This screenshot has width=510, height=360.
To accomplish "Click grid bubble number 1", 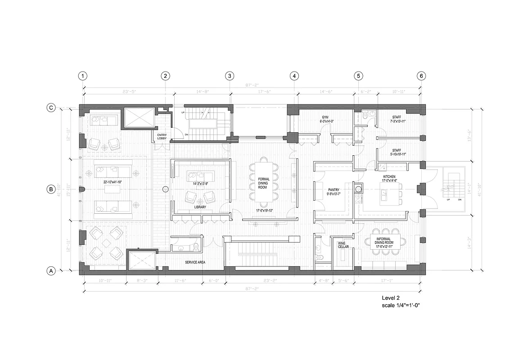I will pyautogui.click(x=82, y=76).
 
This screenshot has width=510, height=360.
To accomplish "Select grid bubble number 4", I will pyautogui.click(x=294, y=76).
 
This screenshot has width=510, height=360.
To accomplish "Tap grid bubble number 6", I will pyautogui.click(x=421, y=76).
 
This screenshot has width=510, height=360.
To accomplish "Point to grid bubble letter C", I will pyautogui.click(x=51, y=108).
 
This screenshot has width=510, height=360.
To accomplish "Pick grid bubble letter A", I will pyautogui.click(x=51, y=271).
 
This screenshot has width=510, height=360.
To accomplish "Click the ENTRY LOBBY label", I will pyautogui.click(x=162, y=137).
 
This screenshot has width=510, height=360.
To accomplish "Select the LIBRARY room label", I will pyautogui.click(x=200, y=207).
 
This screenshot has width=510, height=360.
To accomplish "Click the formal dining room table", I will pyautogui.click(x=263, y=182).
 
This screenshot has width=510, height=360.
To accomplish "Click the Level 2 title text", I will pyautogui.click(x=391, y=298).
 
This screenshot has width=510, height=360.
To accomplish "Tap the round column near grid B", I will pyautogui.click(x=165, y=189).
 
